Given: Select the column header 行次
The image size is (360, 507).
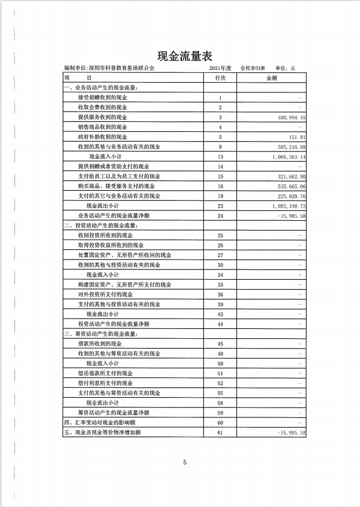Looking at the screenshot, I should coord(220,77).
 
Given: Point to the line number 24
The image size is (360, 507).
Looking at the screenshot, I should coord(220,216).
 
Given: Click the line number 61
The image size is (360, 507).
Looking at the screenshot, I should coord(220,432).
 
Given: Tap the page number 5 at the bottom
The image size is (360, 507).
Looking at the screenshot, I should coord(185,462).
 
